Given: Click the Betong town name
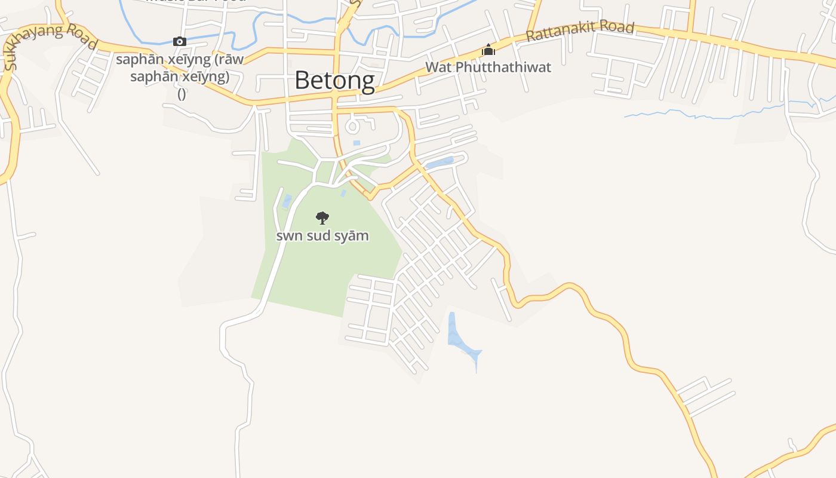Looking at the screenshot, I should pyautogui.click(x=334, y=81).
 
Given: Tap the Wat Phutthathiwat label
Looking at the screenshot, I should pyautogui.click(x=488, y=67).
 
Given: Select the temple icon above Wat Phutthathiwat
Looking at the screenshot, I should pyautogui.click(x=488, y=50).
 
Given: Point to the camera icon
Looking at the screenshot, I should pyautogui.click(x=180, y=41).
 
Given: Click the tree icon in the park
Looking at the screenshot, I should pyautogui.click(x=322, y=217).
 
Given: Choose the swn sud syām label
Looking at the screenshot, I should pyautogui.click(x=322, y=235).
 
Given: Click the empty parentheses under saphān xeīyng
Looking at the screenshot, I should pyautogui.click(x=182, y=94).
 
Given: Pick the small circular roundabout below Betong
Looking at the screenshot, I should pyautogui.click(x=352, y=126).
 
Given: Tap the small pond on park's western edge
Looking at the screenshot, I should pyautogui.click(x=287, y=201).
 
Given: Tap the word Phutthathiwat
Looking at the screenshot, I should pyautogui.click(x=503, y=67).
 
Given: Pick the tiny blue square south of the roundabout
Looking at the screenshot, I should pyautogui.click(x=356, y=143).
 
